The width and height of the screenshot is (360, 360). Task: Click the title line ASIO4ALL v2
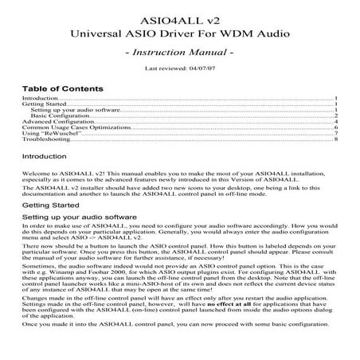tap(179, 15)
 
